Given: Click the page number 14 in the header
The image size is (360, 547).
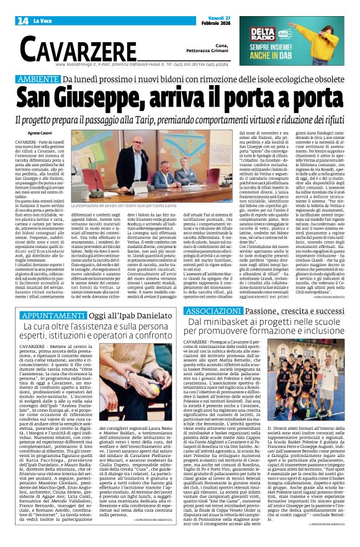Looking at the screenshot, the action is coord(23,21).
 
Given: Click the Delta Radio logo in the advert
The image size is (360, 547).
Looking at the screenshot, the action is coord(264,36).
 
